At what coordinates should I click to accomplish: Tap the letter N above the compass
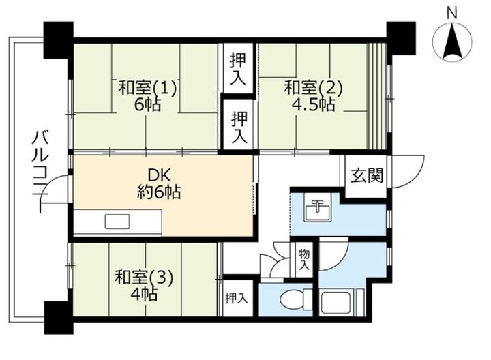[451, 11]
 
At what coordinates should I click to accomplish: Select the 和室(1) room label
[147, 88]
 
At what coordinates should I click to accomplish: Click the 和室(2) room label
[313, 88]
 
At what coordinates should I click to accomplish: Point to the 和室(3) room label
[144, 277]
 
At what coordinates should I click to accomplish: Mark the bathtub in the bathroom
[338, 301]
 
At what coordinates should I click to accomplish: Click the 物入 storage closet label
[304, 259]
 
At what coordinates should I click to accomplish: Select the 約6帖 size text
[158, 193]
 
